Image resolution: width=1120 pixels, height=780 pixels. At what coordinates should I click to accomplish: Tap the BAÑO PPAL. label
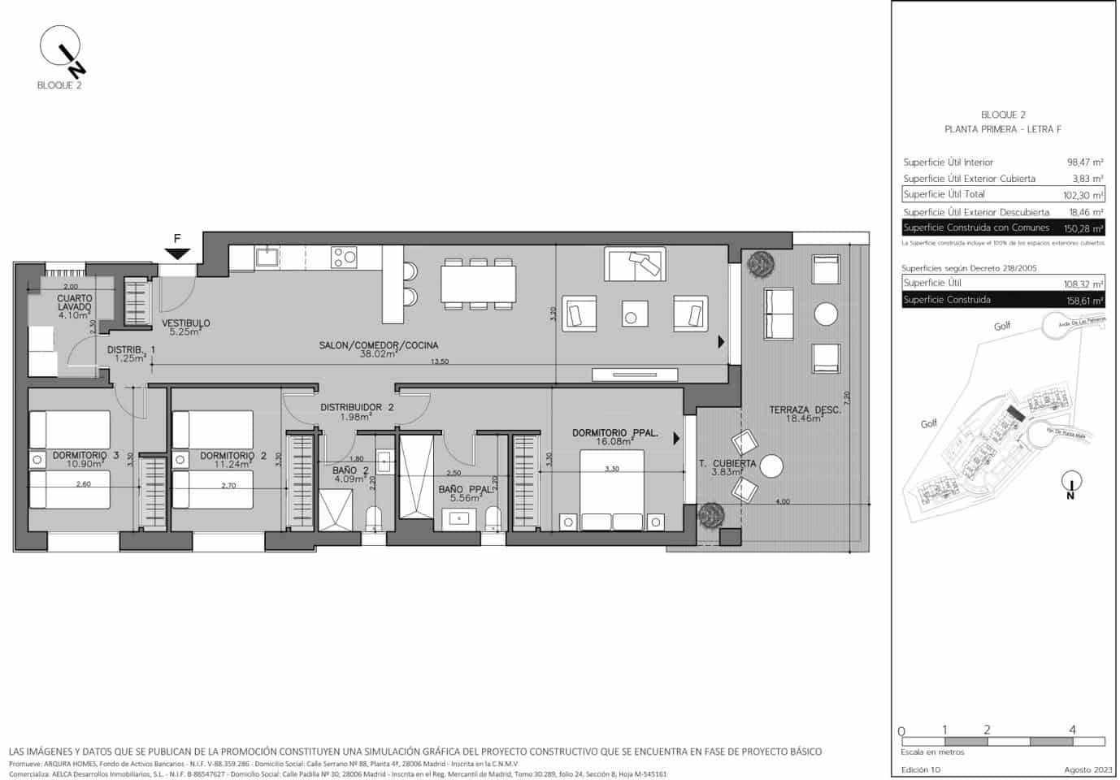[465, 490]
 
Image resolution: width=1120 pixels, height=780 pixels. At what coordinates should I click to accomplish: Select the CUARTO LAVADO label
[74, 302]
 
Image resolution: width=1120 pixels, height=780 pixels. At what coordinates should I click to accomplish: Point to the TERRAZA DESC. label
[805, 410]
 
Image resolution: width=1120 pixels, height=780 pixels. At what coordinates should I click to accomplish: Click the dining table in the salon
[478, 284]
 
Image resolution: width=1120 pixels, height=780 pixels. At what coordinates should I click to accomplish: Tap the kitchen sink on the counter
[267, 257]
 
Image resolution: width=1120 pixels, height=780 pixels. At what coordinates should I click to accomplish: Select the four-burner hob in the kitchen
[344, 258]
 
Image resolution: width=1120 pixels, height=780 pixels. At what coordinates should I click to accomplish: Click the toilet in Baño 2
[374, 518]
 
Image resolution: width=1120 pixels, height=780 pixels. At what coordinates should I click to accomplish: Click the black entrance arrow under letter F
[177, 253]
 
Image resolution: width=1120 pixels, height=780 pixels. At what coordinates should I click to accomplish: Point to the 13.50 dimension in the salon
[439, 362]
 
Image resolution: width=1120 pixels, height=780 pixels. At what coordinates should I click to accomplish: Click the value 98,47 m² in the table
[1084, 162]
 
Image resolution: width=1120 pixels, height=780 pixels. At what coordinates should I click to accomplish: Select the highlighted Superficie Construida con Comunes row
[1003, 228]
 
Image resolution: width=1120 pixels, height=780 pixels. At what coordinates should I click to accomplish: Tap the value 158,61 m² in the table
[1084, 301]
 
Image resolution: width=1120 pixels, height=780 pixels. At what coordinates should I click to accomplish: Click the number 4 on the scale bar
[1072, 730]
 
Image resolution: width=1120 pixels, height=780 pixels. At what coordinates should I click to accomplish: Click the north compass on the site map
[1071, 484]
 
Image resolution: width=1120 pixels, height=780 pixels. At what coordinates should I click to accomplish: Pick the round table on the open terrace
[826, 314]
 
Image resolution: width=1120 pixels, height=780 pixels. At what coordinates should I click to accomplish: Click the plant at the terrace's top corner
[762, 262]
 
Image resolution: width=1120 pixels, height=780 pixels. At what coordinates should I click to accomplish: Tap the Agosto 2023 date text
[1087, 769]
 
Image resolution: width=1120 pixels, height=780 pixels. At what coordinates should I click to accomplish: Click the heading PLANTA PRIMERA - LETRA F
[1003, 129]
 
